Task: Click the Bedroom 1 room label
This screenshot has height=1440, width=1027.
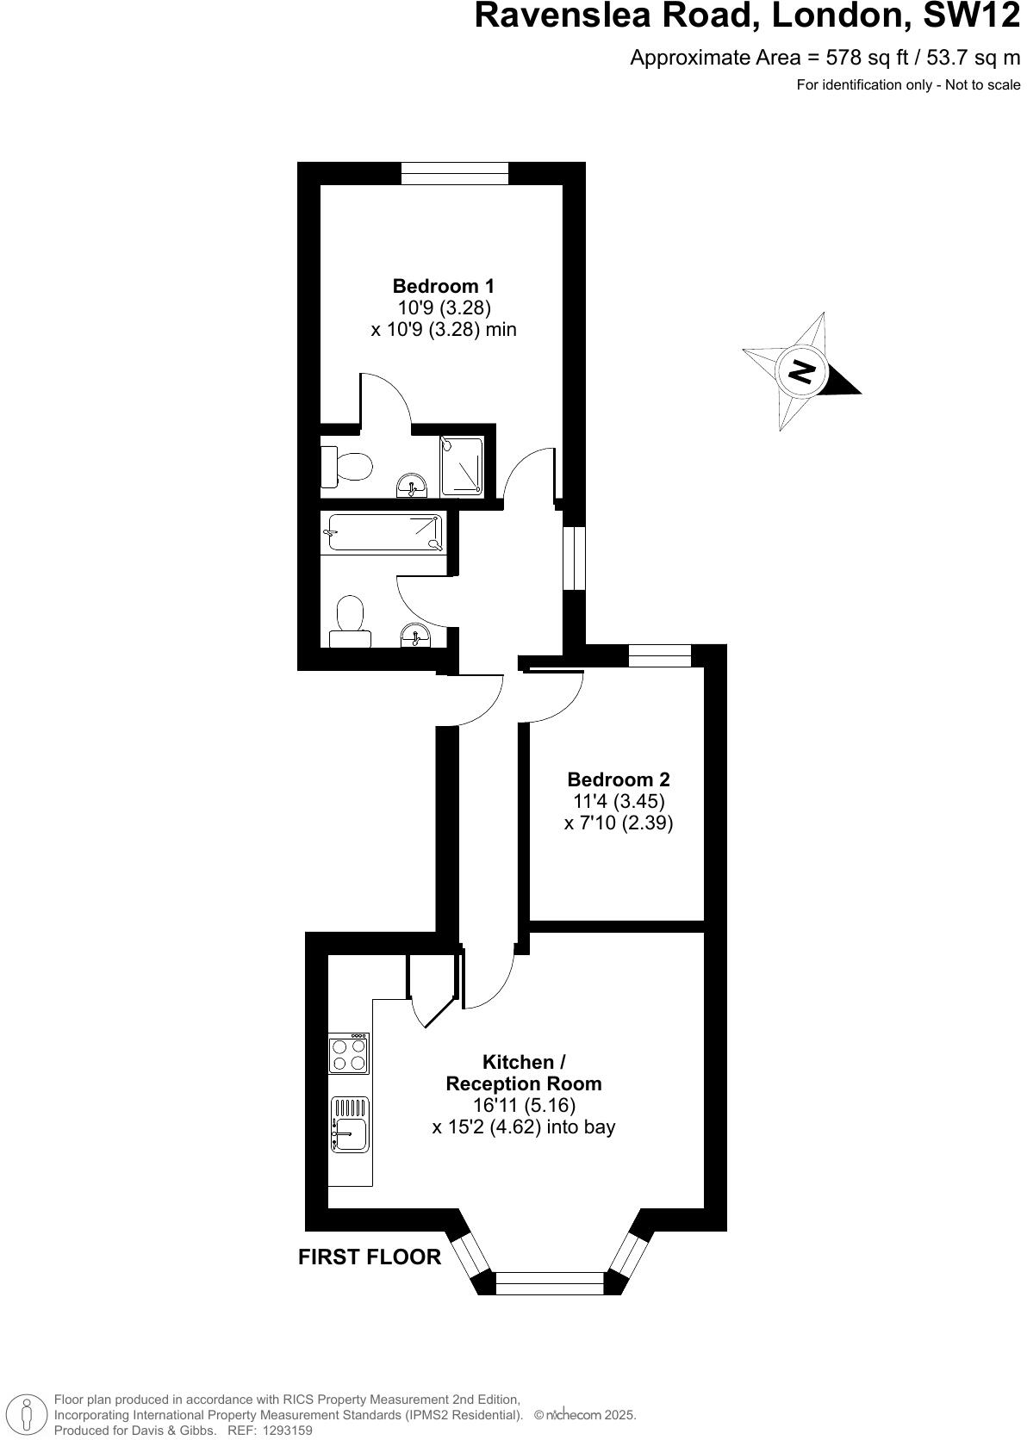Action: [443, 286]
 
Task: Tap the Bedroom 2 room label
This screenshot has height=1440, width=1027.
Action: [618, 779]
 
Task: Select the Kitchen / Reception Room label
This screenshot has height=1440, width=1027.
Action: [523, 1073]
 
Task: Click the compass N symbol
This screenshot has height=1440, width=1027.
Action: [802, 371]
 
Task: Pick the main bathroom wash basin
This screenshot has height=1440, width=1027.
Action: [415, 636]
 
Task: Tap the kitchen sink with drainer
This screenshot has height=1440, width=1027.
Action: [349, 1125]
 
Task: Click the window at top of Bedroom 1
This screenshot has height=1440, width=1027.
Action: [454, 173]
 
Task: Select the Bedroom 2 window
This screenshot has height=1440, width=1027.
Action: [660, 655]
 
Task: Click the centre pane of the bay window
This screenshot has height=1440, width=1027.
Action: [551, 1283]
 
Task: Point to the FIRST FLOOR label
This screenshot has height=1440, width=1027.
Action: [370, 1257]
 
